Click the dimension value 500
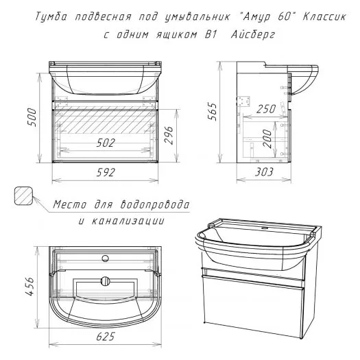(32, 117)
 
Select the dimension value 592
(106, 172)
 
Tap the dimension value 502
(106, 143)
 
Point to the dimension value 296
(169, 135)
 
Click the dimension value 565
(212, 112)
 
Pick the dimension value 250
(266, 109)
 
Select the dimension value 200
(267, 139)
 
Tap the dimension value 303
(264, 172)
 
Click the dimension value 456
(29, 287)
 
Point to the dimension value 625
(106, 337)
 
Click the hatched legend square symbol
(23, 195)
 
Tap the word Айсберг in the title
(253, 35)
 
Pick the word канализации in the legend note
(128, 221)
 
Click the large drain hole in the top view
(106, 281)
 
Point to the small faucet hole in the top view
(106, 259)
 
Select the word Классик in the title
(324, 16)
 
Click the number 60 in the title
(284, 16)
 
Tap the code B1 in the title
(211, 34)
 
